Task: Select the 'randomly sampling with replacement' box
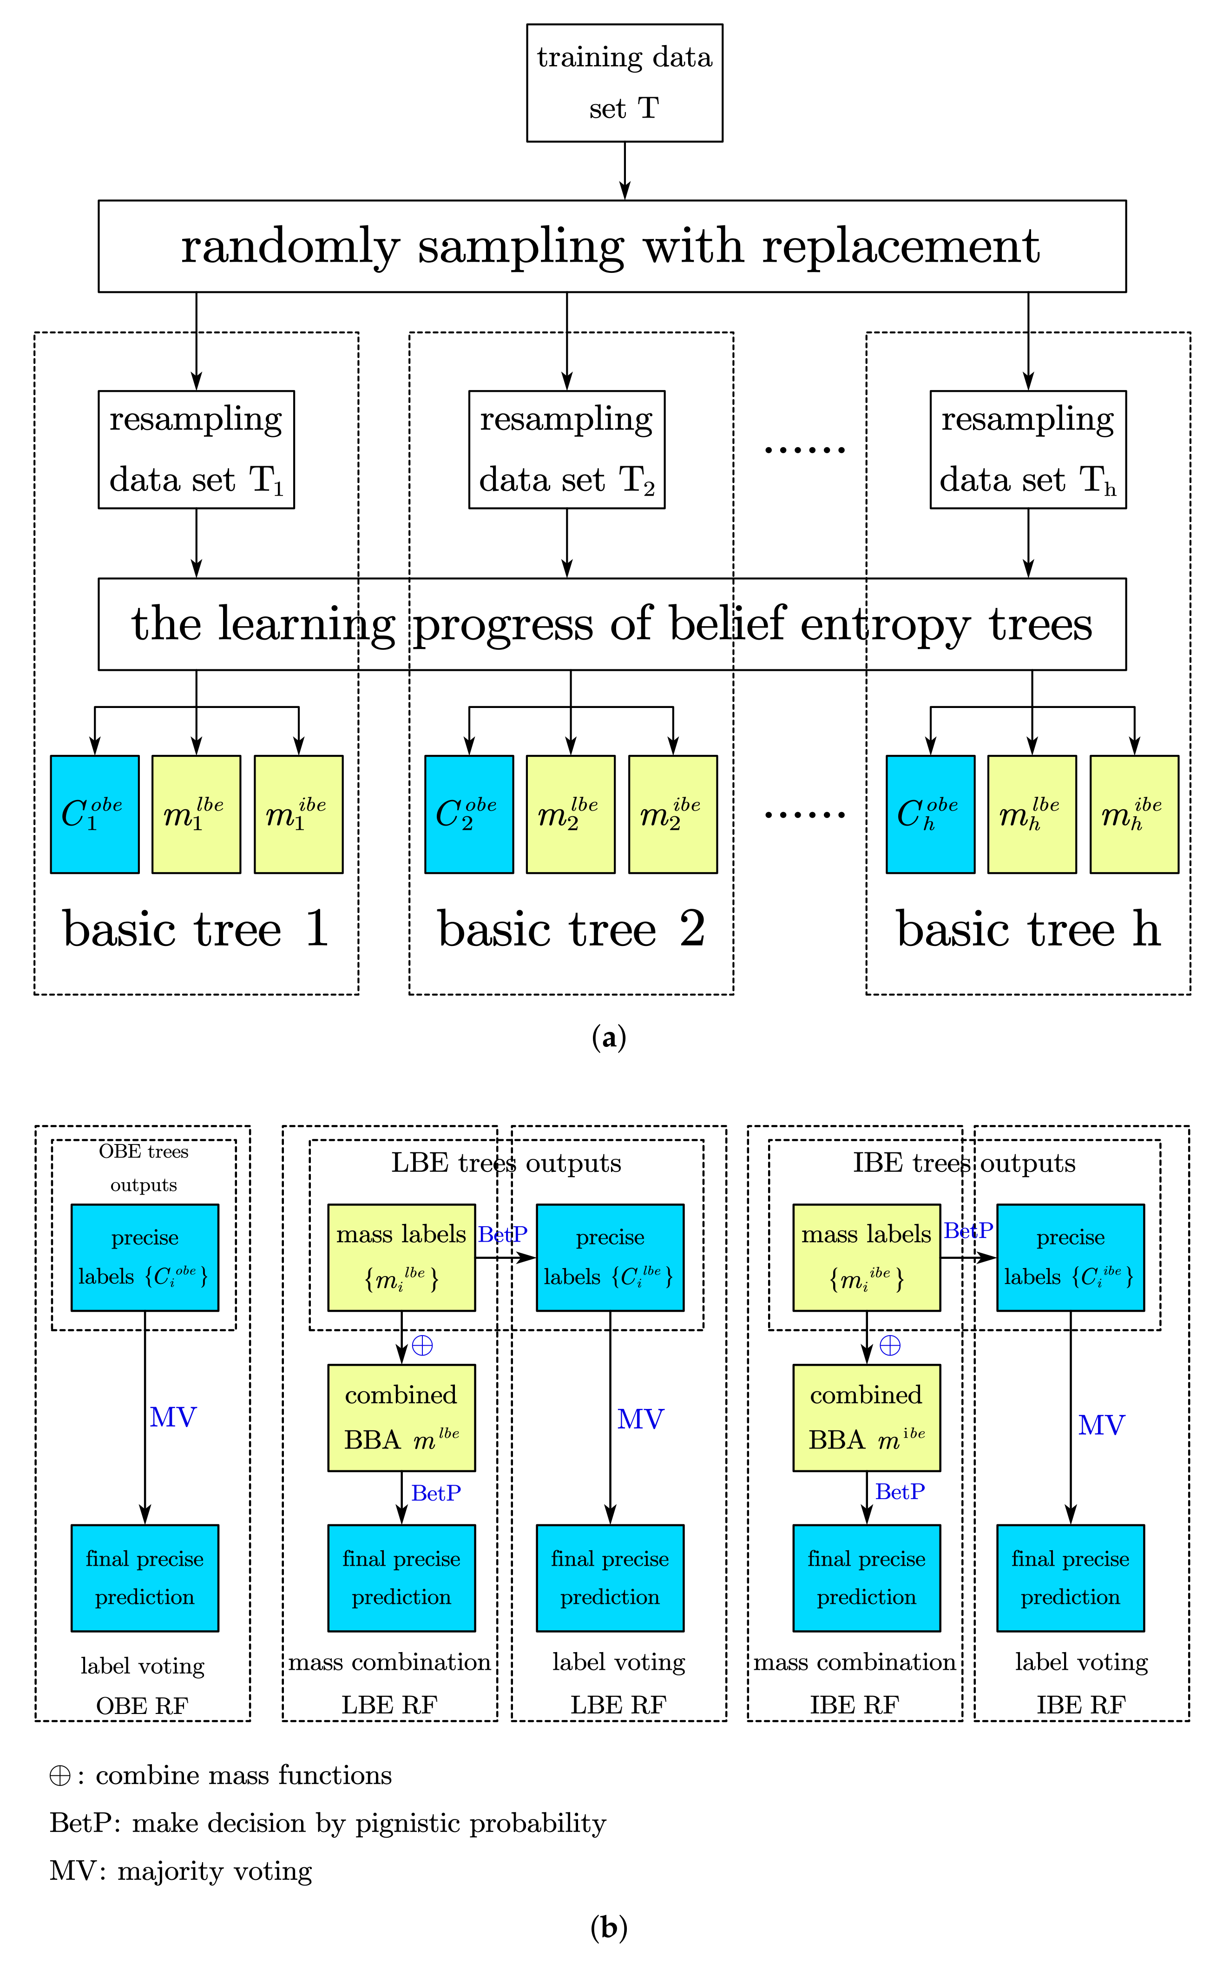611,246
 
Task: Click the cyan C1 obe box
95,814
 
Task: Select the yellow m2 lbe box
570,814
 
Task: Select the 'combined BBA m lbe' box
401,1417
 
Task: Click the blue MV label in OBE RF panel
173,1417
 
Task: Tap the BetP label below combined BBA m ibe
900,1491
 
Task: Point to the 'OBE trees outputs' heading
144,1168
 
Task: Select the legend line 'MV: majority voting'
181,1871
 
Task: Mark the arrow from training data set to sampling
625,171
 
